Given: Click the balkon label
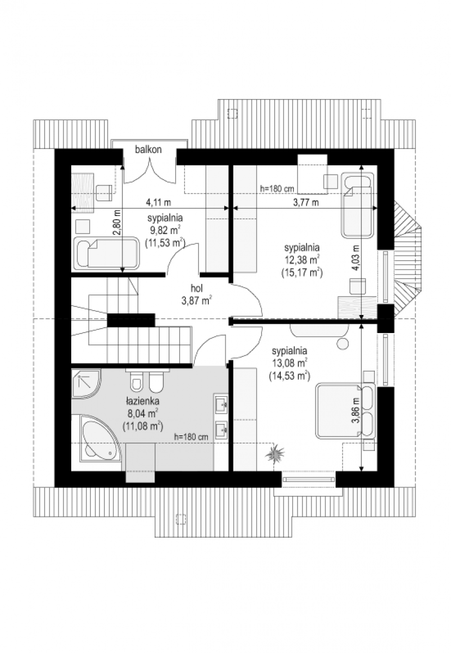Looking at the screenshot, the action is pos(148,150).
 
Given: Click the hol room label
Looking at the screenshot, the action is pos(196,288).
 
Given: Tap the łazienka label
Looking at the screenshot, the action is pos(143,402).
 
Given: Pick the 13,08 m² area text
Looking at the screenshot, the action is pos(289,364).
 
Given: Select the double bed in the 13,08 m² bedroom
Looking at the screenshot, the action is pos(346,411).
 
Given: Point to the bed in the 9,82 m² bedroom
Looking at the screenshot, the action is pos(107,252).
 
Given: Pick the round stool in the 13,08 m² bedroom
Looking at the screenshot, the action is pos(343,343).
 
